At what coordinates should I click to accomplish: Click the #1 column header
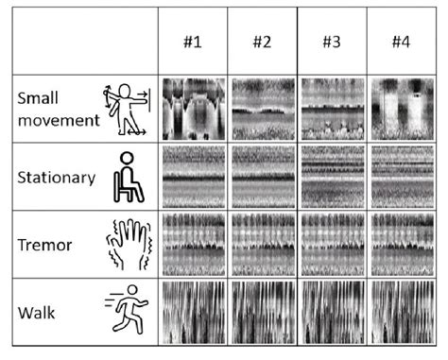point(193,43)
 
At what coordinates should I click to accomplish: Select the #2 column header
point(262,43)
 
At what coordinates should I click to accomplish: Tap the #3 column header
point(332,43)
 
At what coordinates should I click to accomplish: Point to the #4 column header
point(401,43)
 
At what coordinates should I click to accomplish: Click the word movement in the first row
point(58,120)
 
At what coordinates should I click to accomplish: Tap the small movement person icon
point(125,109)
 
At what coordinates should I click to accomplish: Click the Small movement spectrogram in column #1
point(193,110)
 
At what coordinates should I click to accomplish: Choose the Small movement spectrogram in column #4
point(401,110)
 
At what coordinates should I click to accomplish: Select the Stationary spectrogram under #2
point(262,177)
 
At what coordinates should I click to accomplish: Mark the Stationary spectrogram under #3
point(332,177)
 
